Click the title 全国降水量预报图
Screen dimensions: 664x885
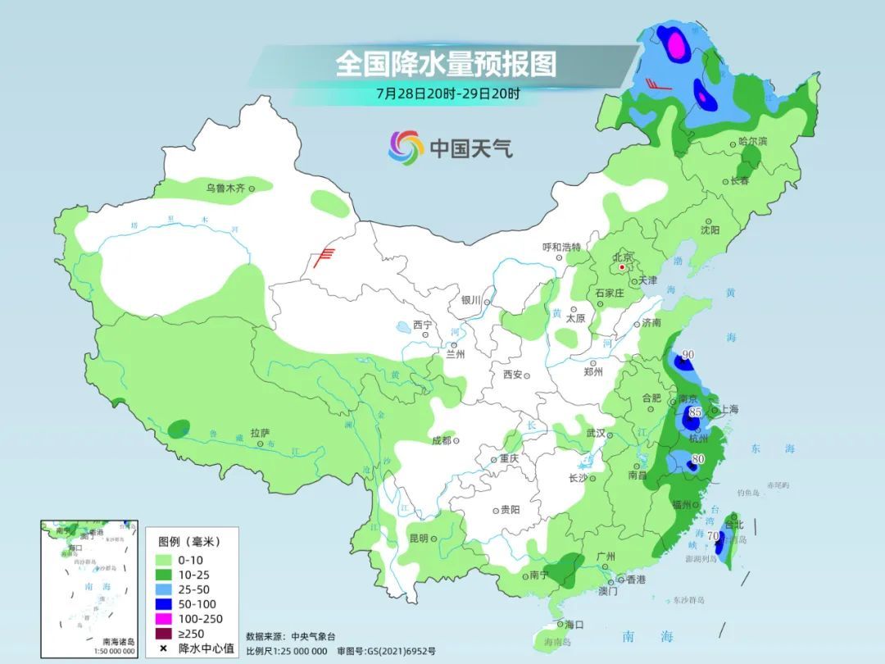(446, 63)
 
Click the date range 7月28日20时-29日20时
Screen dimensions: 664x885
(447, 93)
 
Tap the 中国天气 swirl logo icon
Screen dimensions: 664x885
(406, 148)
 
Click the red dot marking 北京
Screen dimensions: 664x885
(623, 267)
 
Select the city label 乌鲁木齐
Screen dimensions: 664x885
(225, 189)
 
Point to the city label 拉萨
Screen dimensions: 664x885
(260, 433)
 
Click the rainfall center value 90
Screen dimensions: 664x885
(688, 355)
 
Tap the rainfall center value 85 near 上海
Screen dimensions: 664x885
(695, 412)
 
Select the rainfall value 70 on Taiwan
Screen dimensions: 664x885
(712, 538)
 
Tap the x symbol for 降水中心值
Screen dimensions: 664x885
(163, 648)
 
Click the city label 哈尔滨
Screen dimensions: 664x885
(752, 142)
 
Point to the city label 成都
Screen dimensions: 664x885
(441, 440)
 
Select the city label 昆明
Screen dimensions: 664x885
(418, 539)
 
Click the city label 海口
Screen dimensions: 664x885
(574, 625)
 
